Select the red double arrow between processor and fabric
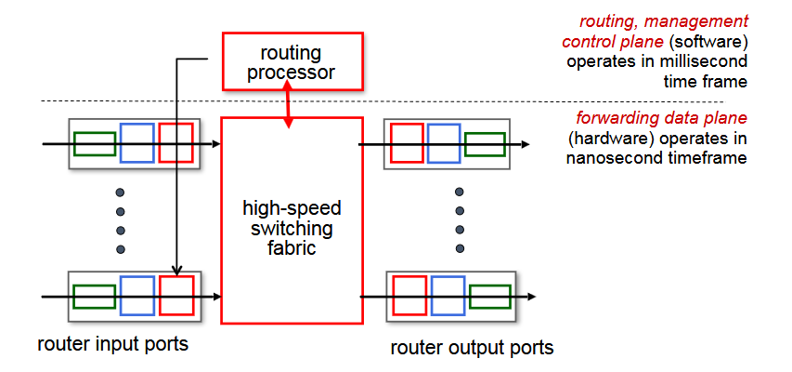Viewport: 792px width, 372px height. (x=290, y=102)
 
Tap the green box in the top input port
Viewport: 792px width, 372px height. (x=95, y=144)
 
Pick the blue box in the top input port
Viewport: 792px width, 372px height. (x=136, y=143)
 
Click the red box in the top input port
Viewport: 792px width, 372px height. (x=175, y=143)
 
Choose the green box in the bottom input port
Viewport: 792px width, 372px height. (x=94, y=297)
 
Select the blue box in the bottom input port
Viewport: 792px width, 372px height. (x=136, y=297)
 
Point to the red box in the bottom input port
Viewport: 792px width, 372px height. (x=175, y=297)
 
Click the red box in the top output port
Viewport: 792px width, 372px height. (x=407, y=143)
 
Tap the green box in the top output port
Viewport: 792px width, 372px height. (x=485, y=144)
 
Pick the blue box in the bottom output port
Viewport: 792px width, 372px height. (x=448, y=297)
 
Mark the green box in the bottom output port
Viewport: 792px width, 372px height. (x=489, y=297)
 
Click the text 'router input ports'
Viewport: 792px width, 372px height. (x=113, y=344)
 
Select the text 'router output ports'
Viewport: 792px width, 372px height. (x=472, y=348)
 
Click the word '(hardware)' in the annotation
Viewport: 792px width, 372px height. (x=604, y=139)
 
